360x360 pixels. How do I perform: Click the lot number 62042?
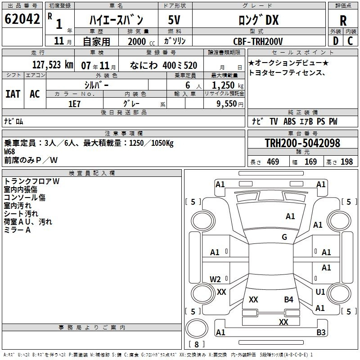[22, 19]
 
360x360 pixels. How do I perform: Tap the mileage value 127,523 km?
[53, 65]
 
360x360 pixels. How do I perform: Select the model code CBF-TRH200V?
[258, 41]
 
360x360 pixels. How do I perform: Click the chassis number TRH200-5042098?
[302, 143]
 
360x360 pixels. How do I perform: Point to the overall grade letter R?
[343, 21]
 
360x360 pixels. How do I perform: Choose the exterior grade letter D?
[336, 41]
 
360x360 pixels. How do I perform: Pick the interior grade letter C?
[350, 41]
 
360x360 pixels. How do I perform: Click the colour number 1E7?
[74, 104]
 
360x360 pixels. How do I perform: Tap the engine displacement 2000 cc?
[141, 41]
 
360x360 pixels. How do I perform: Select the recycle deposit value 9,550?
[227, 104]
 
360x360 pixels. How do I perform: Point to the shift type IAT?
[13, 94]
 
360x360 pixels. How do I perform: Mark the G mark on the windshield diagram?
[284, 237]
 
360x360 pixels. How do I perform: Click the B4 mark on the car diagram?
[288, 300]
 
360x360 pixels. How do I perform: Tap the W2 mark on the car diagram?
[215, 279]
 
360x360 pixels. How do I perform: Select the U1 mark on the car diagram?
[320, 292]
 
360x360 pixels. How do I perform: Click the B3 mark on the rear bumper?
[321, 333]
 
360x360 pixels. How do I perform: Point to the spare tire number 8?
[197, 344]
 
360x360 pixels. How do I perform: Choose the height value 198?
[346, 162]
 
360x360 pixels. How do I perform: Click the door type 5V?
[174, 20]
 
